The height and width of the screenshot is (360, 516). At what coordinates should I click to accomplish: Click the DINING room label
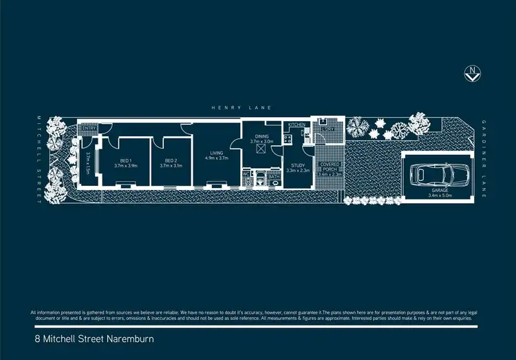click(261, 136)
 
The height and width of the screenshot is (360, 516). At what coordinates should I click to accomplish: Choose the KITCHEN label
click(297, 125)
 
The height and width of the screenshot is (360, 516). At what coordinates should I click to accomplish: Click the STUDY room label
click(298, 165)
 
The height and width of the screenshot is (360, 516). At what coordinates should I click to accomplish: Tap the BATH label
click(273, 177)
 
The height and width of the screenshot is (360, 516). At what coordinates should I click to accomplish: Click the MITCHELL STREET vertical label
click(41, 158)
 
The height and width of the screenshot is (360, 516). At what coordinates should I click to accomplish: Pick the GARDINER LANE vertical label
click(484, 158)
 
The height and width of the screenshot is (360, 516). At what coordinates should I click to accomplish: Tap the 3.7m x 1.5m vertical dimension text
click(89, 163)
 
